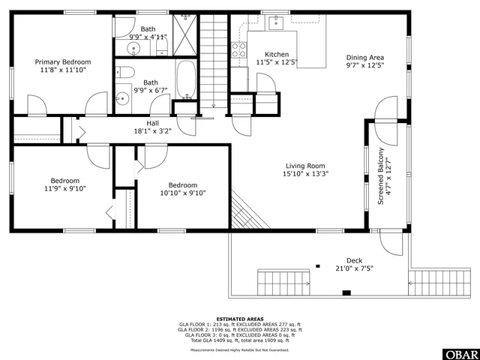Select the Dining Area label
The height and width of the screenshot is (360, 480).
point(365,57)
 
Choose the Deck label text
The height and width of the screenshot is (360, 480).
point(354,260)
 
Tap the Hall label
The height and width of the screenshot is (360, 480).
point(152,123)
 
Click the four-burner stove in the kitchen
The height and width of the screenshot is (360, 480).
point(239,49)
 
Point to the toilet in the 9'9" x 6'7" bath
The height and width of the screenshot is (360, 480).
point(127,73)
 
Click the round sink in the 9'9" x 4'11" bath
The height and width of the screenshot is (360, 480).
point(134,48)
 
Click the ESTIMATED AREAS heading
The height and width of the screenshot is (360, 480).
point(239,319)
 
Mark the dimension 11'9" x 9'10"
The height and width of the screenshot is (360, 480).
point(65,189)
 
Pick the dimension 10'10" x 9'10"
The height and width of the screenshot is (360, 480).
point(183,193)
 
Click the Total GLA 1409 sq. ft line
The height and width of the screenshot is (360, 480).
point(239,340)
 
